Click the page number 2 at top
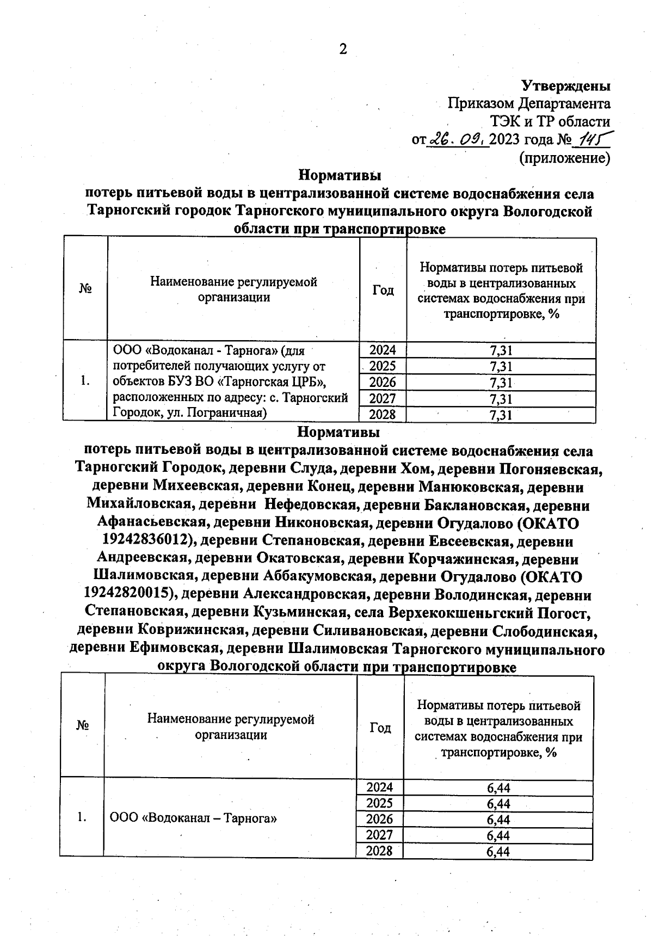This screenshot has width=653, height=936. tap(342, 50)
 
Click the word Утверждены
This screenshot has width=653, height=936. tap(566, 86)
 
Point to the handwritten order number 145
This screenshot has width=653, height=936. tap(591, 140)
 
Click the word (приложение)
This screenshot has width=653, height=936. tap(564, 158)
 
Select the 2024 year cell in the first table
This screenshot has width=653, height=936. tap(383, 350)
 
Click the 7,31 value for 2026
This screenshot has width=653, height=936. tap(501, 383)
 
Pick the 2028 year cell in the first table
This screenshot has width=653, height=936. tap(383, 415)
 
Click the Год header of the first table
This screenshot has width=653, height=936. tap(383, 290)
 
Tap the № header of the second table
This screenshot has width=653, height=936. tap(83, 725)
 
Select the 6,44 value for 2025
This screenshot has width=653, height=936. tap(498, 804)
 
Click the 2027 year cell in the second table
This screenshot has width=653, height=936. tap(379, 835)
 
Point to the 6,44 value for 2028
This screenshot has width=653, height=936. tap(498, 852)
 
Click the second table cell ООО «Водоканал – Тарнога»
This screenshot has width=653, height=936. tap(194, 818)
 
